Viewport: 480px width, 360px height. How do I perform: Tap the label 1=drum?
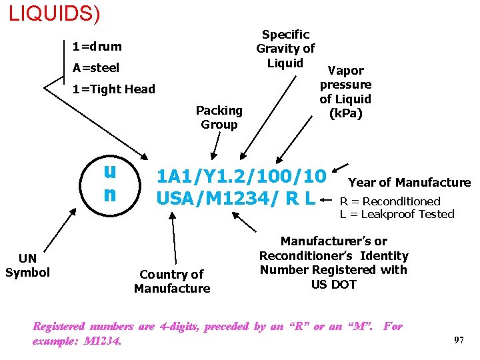click(x=97, y=47)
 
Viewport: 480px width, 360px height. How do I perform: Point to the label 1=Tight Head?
click(x=113, y=89)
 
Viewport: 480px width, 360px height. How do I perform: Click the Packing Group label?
click(x=219, y=117)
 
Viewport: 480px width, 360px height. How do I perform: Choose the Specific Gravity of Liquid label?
click(x=285, y=49)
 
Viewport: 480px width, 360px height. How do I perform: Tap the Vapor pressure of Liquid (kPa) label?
click(x=345, y=92)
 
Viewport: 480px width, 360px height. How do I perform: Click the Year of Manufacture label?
click(x=409, y=183)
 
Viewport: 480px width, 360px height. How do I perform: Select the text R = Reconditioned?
click(x=390, y=201)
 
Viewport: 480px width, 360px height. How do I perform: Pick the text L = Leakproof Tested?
click(x=397, y=214)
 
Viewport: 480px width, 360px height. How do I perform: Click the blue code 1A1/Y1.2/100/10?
click(x=241, y=177)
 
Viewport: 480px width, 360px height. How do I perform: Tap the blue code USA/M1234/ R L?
click(x=236, y=198)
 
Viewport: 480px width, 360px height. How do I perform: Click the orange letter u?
click(x=110, y=171)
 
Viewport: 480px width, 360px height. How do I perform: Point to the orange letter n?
click(x=110, y=194)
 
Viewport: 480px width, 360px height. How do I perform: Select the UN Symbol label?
click(x=27, y=265)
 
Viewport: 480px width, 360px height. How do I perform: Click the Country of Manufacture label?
click(x=171, y=281)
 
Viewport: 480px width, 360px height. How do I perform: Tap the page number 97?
click(x=459, y=340)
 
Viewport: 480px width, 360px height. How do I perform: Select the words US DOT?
click(x=333, y=285)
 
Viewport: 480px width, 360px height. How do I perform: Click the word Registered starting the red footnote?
click(x=59, y=327)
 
